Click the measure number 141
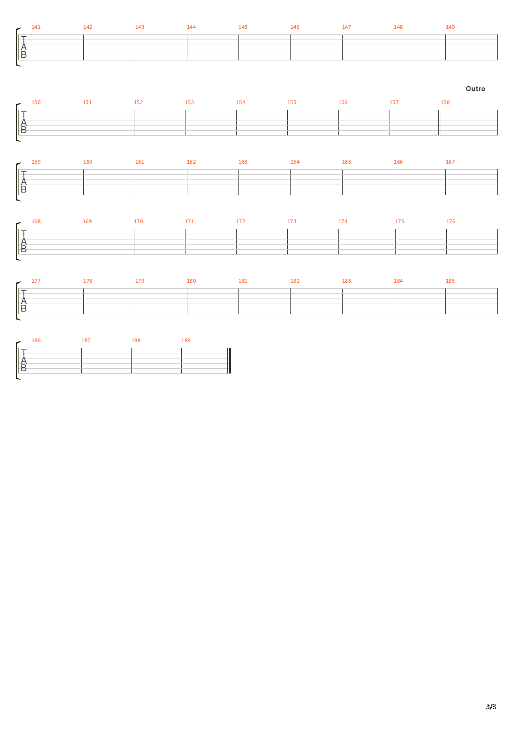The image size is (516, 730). tap(36, 27)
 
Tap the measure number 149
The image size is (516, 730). tap(450, 27)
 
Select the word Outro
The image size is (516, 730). tap(475, 89)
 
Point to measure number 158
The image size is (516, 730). tap(445, 102)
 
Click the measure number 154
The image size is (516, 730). tap(240, 102)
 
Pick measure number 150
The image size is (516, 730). tap(36, 102)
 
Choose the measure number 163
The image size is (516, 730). tap(243, 162)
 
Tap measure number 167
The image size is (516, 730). tap(450, 162)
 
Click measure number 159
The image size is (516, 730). tap(36, 162)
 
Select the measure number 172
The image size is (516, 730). tap(240, 221)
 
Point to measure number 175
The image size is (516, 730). tap(399, 221)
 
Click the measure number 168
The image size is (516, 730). tap(36, 221)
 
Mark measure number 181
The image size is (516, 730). tap(243, 281)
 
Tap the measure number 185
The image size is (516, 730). tap(450, 281)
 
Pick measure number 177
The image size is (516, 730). tap(36, 281)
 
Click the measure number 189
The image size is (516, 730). tap(185, 340)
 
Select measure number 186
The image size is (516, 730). tap(36, 340)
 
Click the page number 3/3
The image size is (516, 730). tap(491, 707)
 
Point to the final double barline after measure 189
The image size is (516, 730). tap(230, 360)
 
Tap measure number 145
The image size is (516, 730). tap(243, 27)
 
